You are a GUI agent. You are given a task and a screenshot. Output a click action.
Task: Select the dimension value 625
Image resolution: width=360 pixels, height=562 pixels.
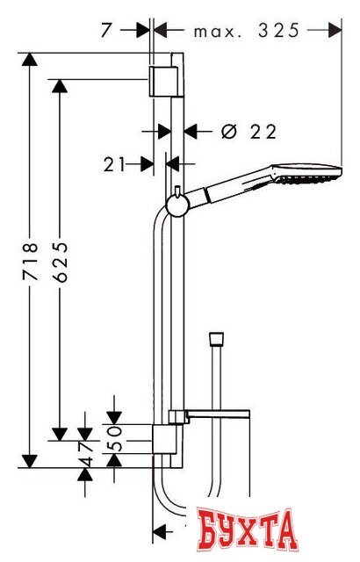tap(60, 262)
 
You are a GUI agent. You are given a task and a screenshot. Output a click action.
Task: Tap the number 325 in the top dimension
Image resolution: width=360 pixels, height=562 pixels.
tap(278, 31)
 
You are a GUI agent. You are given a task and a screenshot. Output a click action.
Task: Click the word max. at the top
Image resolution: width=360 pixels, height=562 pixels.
tap(216, 32)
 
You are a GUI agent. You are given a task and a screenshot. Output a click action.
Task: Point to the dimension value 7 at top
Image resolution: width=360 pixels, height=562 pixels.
tap(105, 31)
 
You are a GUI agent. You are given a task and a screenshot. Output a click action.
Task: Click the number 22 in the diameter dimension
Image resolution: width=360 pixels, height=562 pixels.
tap(263, 132)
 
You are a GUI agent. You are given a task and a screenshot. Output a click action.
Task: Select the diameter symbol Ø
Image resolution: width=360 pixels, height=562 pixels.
tap(229, 132)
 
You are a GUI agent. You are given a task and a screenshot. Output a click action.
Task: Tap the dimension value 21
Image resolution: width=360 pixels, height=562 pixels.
tap(114, 165)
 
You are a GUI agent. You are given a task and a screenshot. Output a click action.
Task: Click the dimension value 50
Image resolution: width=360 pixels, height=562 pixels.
tap(115, 438)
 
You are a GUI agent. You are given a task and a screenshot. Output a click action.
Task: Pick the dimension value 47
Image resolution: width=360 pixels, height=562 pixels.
tap(86, 453)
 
